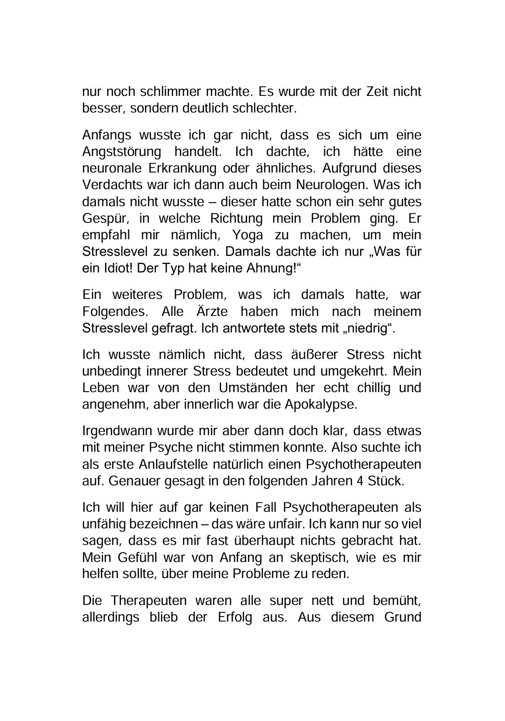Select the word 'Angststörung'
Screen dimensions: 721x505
(x=122, y=151)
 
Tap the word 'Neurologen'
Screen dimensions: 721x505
(x=332, y=185)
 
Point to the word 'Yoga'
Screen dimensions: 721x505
(x=248, y=235)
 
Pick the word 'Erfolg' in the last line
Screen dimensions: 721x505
(x=233, y=617)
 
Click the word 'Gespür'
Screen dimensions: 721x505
(x=102, y=218)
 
